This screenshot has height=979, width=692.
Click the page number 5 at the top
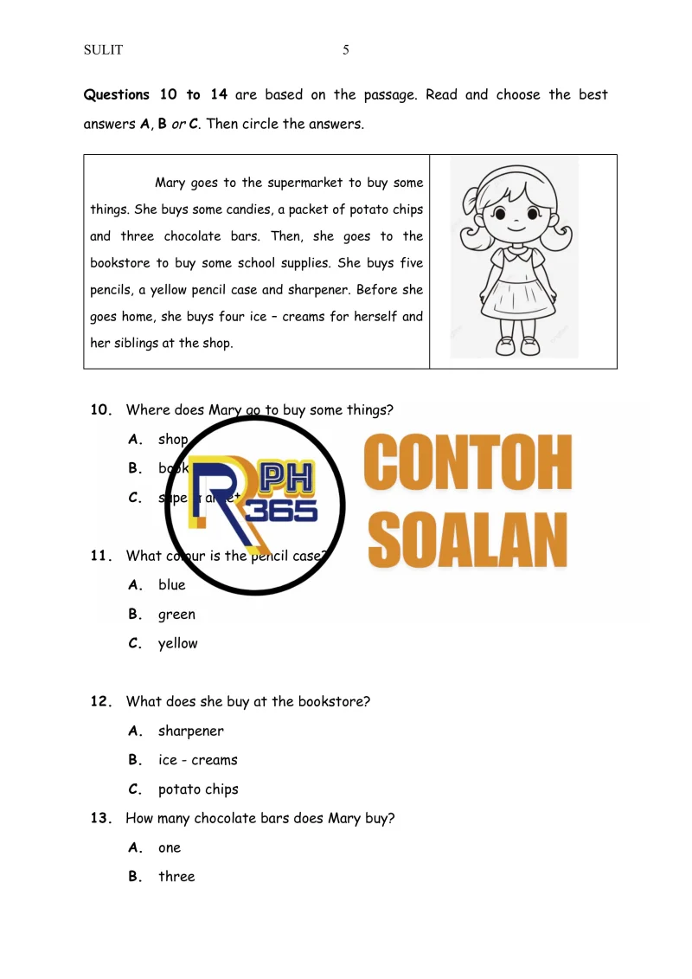346,50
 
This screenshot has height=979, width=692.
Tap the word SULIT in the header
103,50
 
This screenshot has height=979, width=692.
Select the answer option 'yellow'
177,643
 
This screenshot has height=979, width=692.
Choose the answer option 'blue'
171,585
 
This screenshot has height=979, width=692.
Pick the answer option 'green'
176,615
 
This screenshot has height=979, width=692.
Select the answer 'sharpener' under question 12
190,731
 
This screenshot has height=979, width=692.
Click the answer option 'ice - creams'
197,760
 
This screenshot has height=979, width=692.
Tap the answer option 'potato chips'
198,789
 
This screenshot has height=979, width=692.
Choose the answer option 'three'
176,876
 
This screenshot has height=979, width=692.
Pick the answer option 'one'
170,847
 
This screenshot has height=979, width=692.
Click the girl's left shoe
529,346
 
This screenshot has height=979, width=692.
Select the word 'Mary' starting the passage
169,183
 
